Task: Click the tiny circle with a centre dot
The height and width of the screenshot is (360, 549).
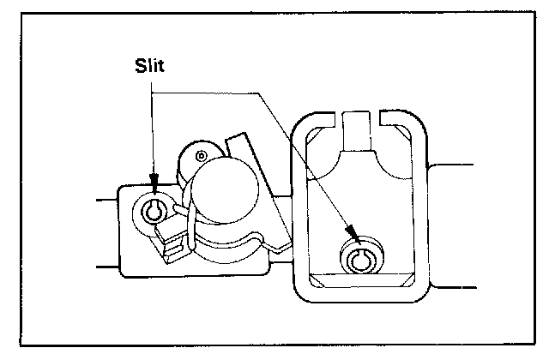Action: click(200, 155)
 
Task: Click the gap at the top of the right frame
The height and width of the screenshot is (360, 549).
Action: click(359, 114)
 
